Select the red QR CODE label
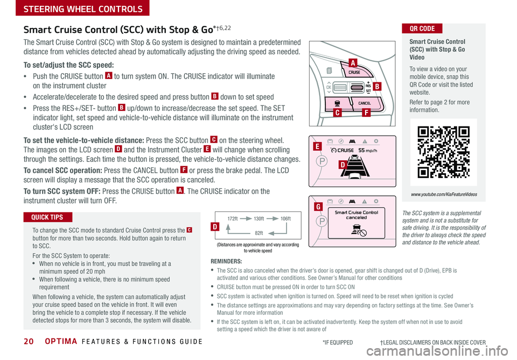(422, 29)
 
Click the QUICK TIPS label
(48, 217)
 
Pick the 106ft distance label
(285, 219)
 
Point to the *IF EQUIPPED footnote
(338, 342)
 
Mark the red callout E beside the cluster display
(318, 146)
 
